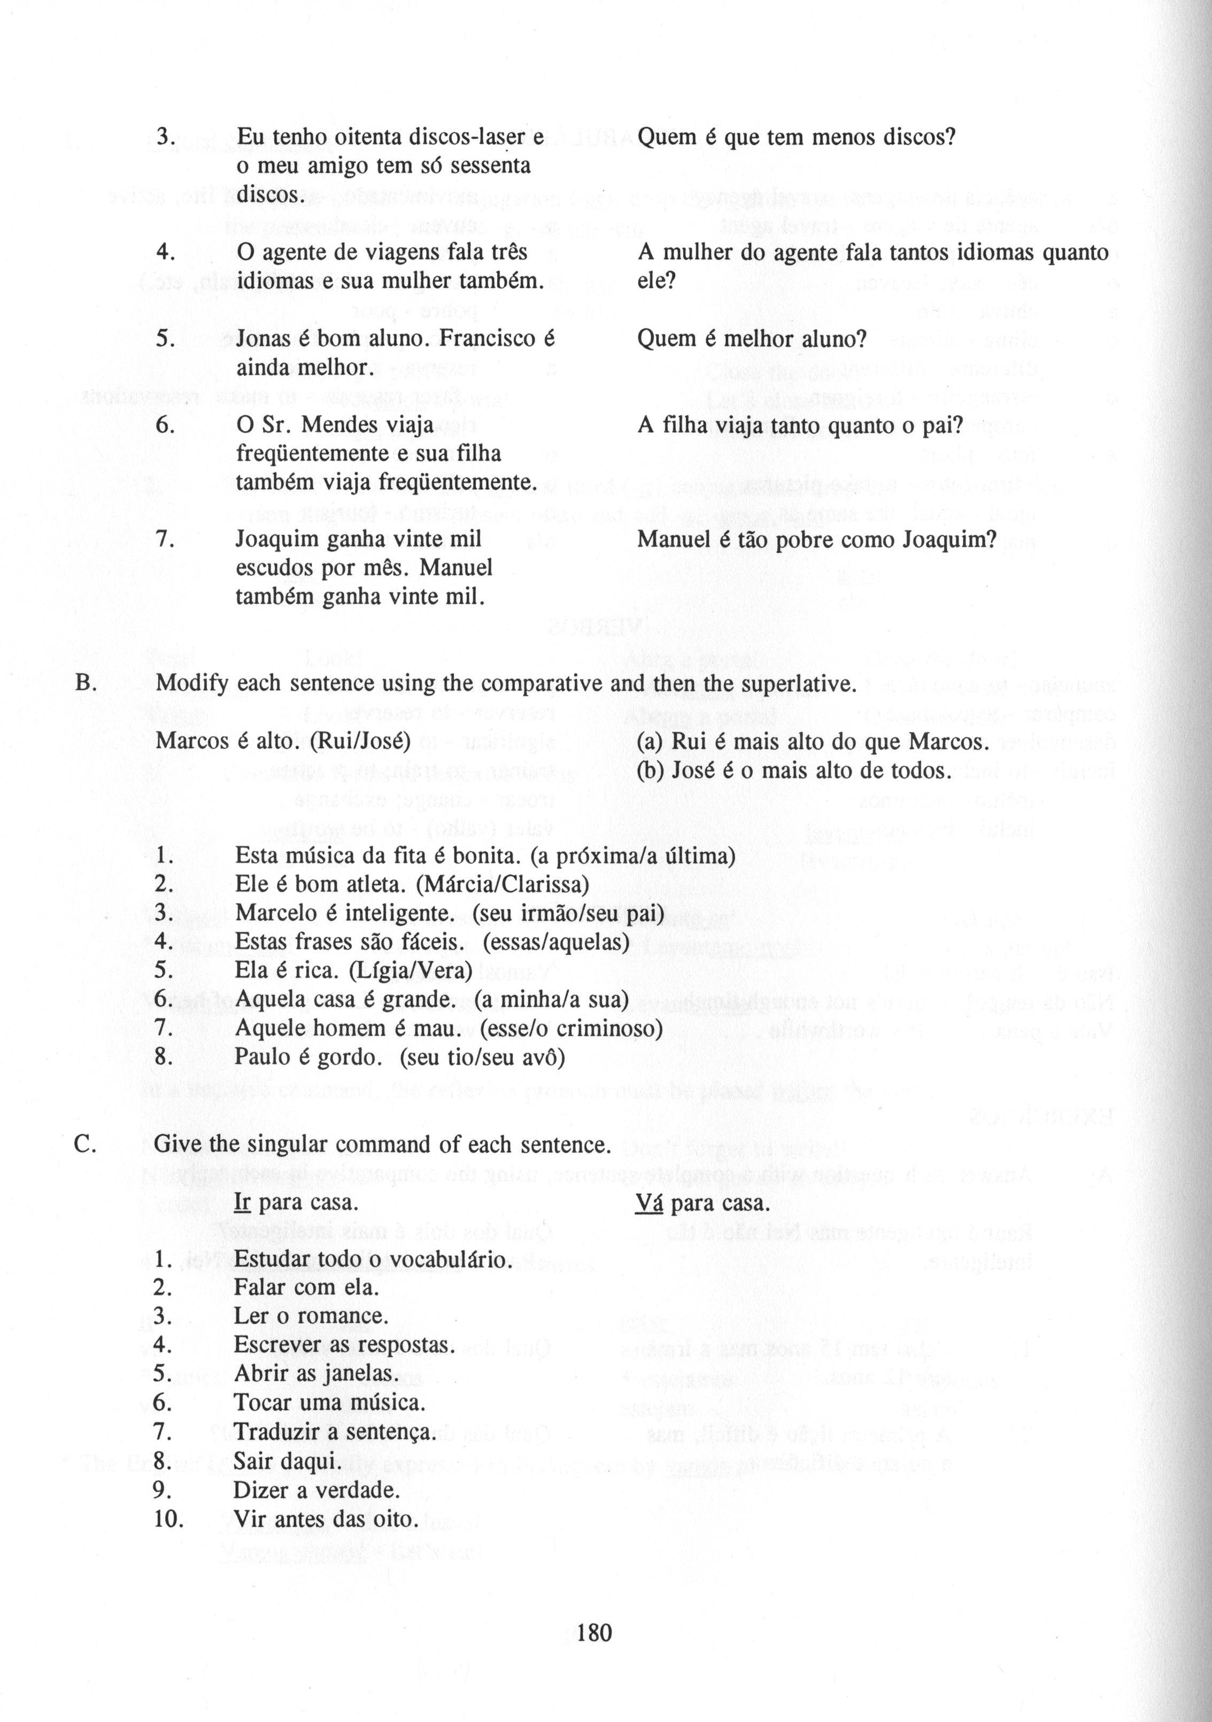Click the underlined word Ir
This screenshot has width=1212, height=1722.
(242, 1203)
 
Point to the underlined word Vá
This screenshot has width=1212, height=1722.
(650, 1203)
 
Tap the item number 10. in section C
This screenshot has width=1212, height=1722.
(169, 1519)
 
